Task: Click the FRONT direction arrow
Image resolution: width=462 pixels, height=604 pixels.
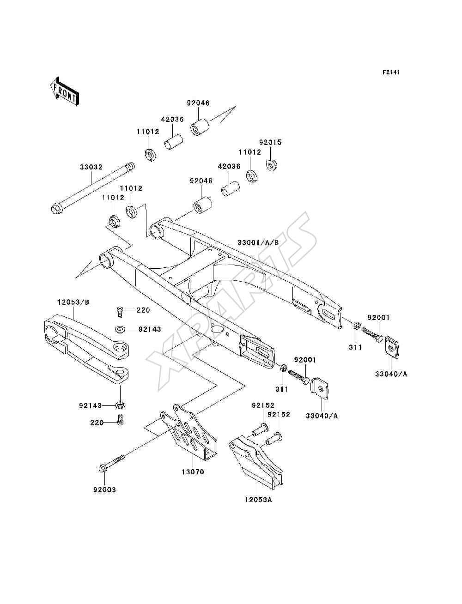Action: click(x=64, y=91)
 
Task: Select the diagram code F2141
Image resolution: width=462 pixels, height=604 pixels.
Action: click(x=391, y=72)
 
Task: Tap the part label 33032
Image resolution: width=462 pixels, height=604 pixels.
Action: click(x=91, y=167)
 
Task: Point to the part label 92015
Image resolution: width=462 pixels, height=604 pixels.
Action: click(x=270, y=142)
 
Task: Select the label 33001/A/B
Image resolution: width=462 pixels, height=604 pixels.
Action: click(x=258, y=242)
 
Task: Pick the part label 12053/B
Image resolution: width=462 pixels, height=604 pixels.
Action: click(x=73, y=302)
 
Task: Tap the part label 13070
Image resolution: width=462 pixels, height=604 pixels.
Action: click(x=193, y=472)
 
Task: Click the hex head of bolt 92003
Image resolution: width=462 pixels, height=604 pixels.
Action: click(x=103, y=468)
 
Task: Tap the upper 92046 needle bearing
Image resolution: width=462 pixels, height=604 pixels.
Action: click(x=200, y=127)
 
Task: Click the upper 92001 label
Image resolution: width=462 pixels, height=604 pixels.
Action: click(x=378, y=318)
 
